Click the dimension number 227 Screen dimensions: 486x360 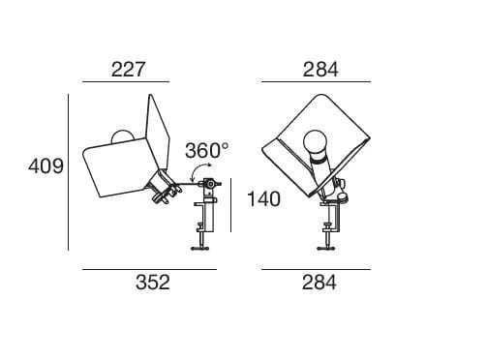[x=128, y=70]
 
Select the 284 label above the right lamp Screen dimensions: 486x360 [x=320, y=70]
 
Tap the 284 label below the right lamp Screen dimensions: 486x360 [x=319, y=283]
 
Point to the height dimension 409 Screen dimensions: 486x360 [x=46, y=166]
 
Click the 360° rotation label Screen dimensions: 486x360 [x=207, y=150]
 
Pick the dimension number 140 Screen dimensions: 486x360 [x=263, y=199]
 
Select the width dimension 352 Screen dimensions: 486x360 [x=153, y=283]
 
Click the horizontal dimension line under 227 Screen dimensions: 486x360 [x=126, y=82]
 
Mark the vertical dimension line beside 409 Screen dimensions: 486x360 [x=69, y=172]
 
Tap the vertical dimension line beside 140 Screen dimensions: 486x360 [x=230, y=205]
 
